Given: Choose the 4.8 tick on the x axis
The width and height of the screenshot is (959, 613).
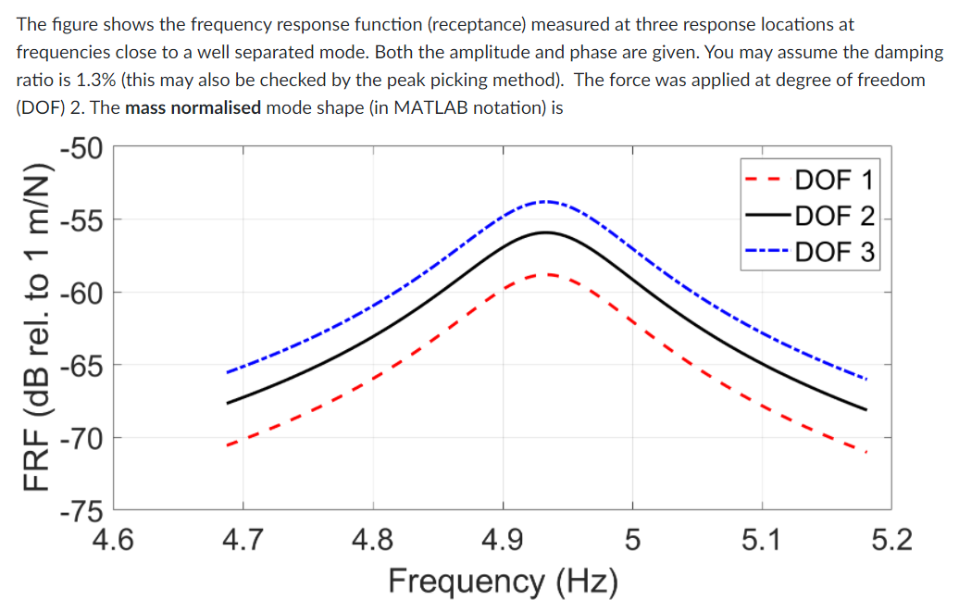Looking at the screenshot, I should pos(373,538).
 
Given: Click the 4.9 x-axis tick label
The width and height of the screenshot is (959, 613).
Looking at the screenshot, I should pos(503,538).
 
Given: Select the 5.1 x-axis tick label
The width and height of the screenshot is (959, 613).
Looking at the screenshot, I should pos(762,538).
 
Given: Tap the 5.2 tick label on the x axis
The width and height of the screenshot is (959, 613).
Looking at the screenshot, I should pos(891,538).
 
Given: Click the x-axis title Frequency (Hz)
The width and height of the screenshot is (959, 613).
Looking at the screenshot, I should pos(503,581).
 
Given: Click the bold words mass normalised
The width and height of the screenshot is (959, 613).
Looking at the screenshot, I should pos(193,107).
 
